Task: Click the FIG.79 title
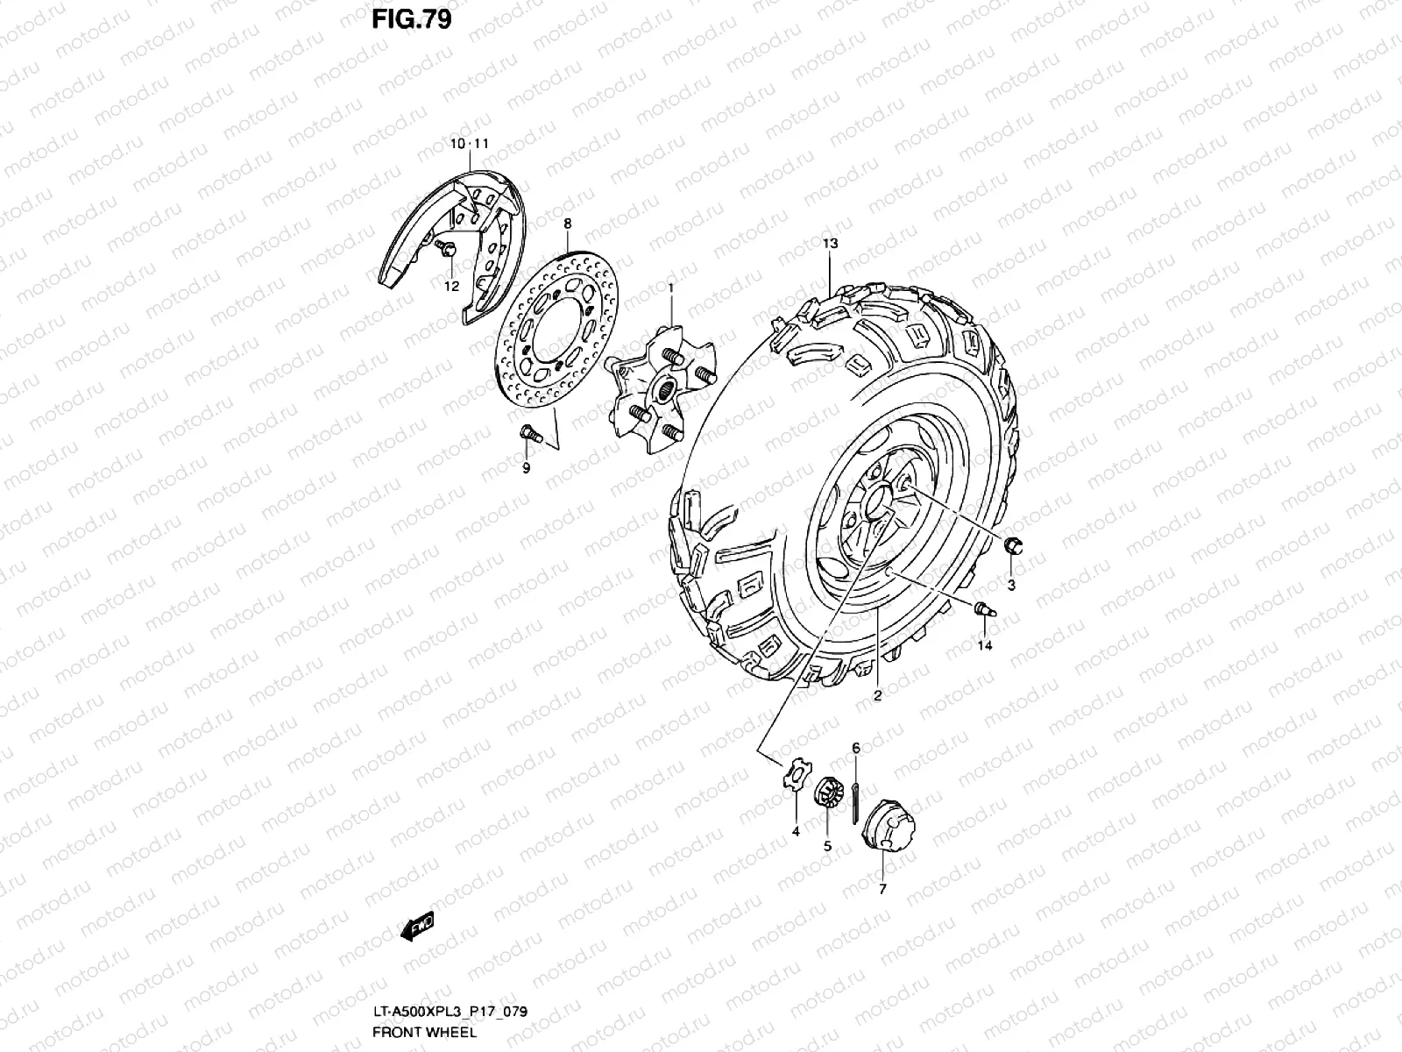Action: tap(411, 19)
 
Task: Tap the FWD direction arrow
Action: tap(417, 926)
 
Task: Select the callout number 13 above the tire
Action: tap(830, 244)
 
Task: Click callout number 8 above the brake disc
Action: tap(567, 224)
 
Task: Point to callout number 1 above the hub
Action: tap(670, 288)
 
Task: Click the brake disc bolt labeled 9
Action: tap(531, 434)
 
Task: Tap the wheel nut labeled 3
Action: tap(1013, 546)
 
